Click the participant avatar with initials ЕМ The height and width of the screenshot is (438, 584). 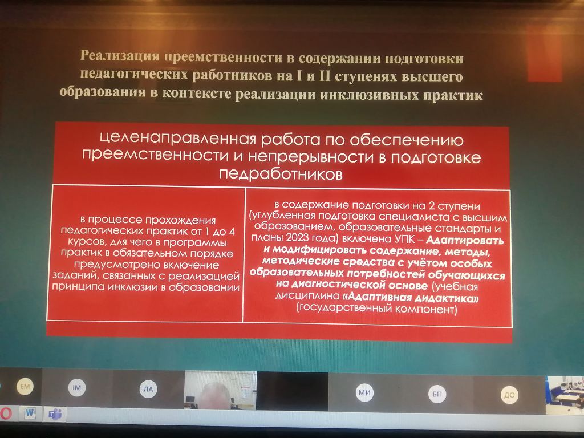[25, 387]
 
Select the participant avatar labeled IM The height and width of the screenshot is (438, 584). [77, 388]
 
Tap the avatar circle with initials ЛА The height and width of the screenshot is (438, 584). [148, 389]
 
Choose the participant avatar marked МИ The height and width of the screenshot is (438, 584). [364, 392]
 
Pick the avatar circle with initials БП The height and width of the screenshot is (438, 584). [437, 394]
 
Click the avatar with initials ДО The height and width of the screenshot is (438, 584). [509, 395]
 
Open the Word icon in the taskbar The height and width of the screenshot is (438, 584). [31, 413]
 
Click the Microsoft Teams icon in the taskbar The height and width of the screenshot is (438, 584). [55, 414]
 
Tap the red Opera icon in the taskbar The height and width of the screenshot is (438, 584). [5, 413]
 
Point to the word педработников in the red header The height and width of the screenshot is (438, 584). [281, 174]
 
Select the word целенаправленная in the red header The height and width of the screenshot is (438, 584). [179, 139]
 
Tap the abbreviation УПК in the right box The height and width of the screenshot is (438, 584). [405, 239]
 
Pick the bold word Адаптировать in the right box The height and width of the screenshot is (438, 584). [465, 240]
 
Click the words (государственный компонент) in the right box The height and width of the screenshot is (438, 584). [376, 309]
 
